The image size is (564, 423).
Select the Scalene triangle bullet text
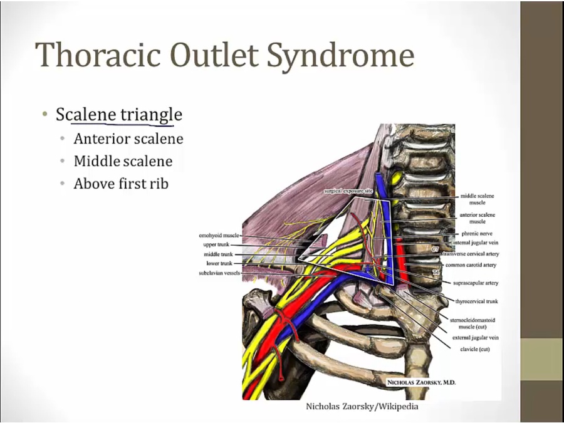pos(119,115)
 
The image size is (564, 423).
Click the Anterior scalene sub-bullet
pos(128,138)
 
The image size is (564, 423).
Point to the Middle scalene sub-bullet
pos(123,161)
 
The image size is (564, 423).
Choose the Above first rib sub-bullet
pos(121,184)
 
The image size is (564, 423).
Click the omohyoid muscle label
pos(219,236)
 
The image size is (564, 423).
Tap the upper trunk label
pos(216,244)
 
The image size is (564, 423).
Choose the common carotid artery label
pos(471,265)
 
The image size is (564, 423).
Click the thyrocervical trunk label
pos(476,301)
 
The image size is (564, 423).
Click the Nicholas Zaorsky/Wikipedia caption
pos(362,406)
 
